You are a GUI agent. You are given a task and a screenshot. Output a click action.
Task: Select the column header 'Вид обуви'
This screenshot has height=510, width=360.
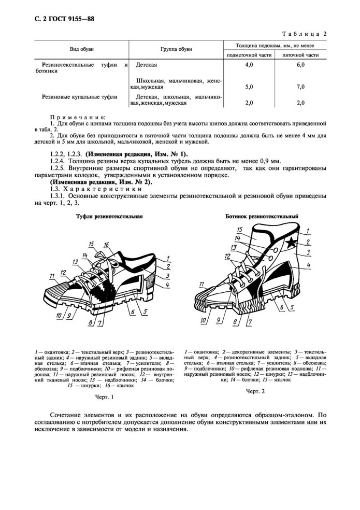click(x=82, y=49)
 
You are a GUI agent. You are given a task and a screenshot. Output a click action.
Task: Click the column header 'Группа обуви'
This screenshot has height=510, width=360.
click(x=177, y=49)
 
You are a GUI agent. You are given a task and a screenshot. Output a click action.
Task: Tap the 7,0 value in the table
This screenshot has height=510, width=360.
click(x=300, y=87)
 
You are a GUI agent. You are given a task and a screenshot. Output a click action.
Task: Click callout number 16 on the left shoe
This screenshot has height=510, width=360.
click(x=106, y=244)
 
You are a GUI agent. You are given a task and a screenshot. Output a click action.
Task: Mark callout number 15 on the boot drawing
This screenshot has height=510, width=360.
click(x=239, y=229)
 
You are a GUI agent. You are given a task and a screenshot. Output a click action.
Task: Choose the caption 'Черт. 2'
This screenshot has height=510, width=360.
click(x=255, y=390)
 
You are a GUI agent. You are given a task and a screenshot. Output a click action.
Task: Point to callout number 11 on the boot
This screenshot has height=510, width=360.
click(x=203, y=284)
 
